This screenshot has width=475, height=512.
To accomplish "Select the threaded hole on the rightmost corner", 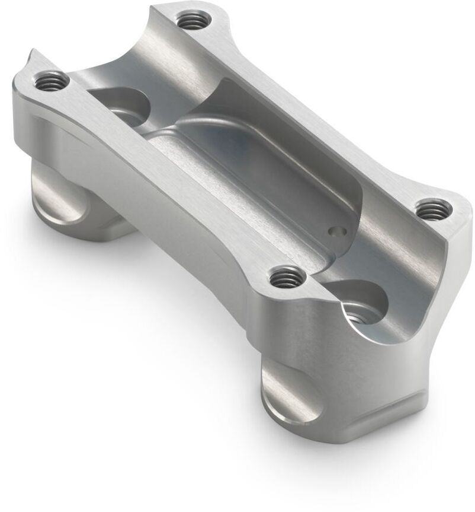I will coord(433,209).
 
